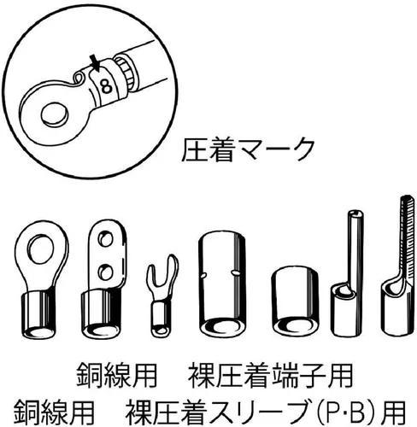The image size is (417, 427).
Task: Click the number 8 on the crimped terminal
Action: [106, 86]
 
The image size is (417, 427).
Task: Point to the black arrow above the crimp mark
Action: [94, 63]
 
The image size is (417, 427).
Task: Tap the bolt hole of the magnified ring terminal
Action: [55, 114]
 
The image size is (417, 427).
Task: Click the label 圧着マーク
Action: [248, 150]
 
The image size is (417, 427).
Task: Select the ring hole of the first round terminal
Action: [42, 249]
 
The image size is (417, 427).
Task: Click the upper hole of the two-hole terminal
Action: [105, 239]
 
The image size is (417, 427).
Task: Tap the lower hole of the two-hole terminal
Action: [105, 272]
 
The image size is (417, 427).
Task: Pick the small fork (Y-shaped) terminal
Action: [162, 296]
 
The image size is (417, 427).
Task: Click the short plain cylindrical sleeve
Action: [295, 301]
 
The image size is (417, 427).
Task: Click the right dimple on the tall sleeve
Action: [234, 272]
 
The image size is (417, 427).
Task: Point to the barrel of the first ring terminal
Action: [39, 314]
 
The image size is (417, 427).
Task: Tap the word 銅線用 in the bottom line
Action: [54, 412]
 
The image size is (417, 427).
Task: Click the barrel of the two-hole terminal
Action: [100, 314]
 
